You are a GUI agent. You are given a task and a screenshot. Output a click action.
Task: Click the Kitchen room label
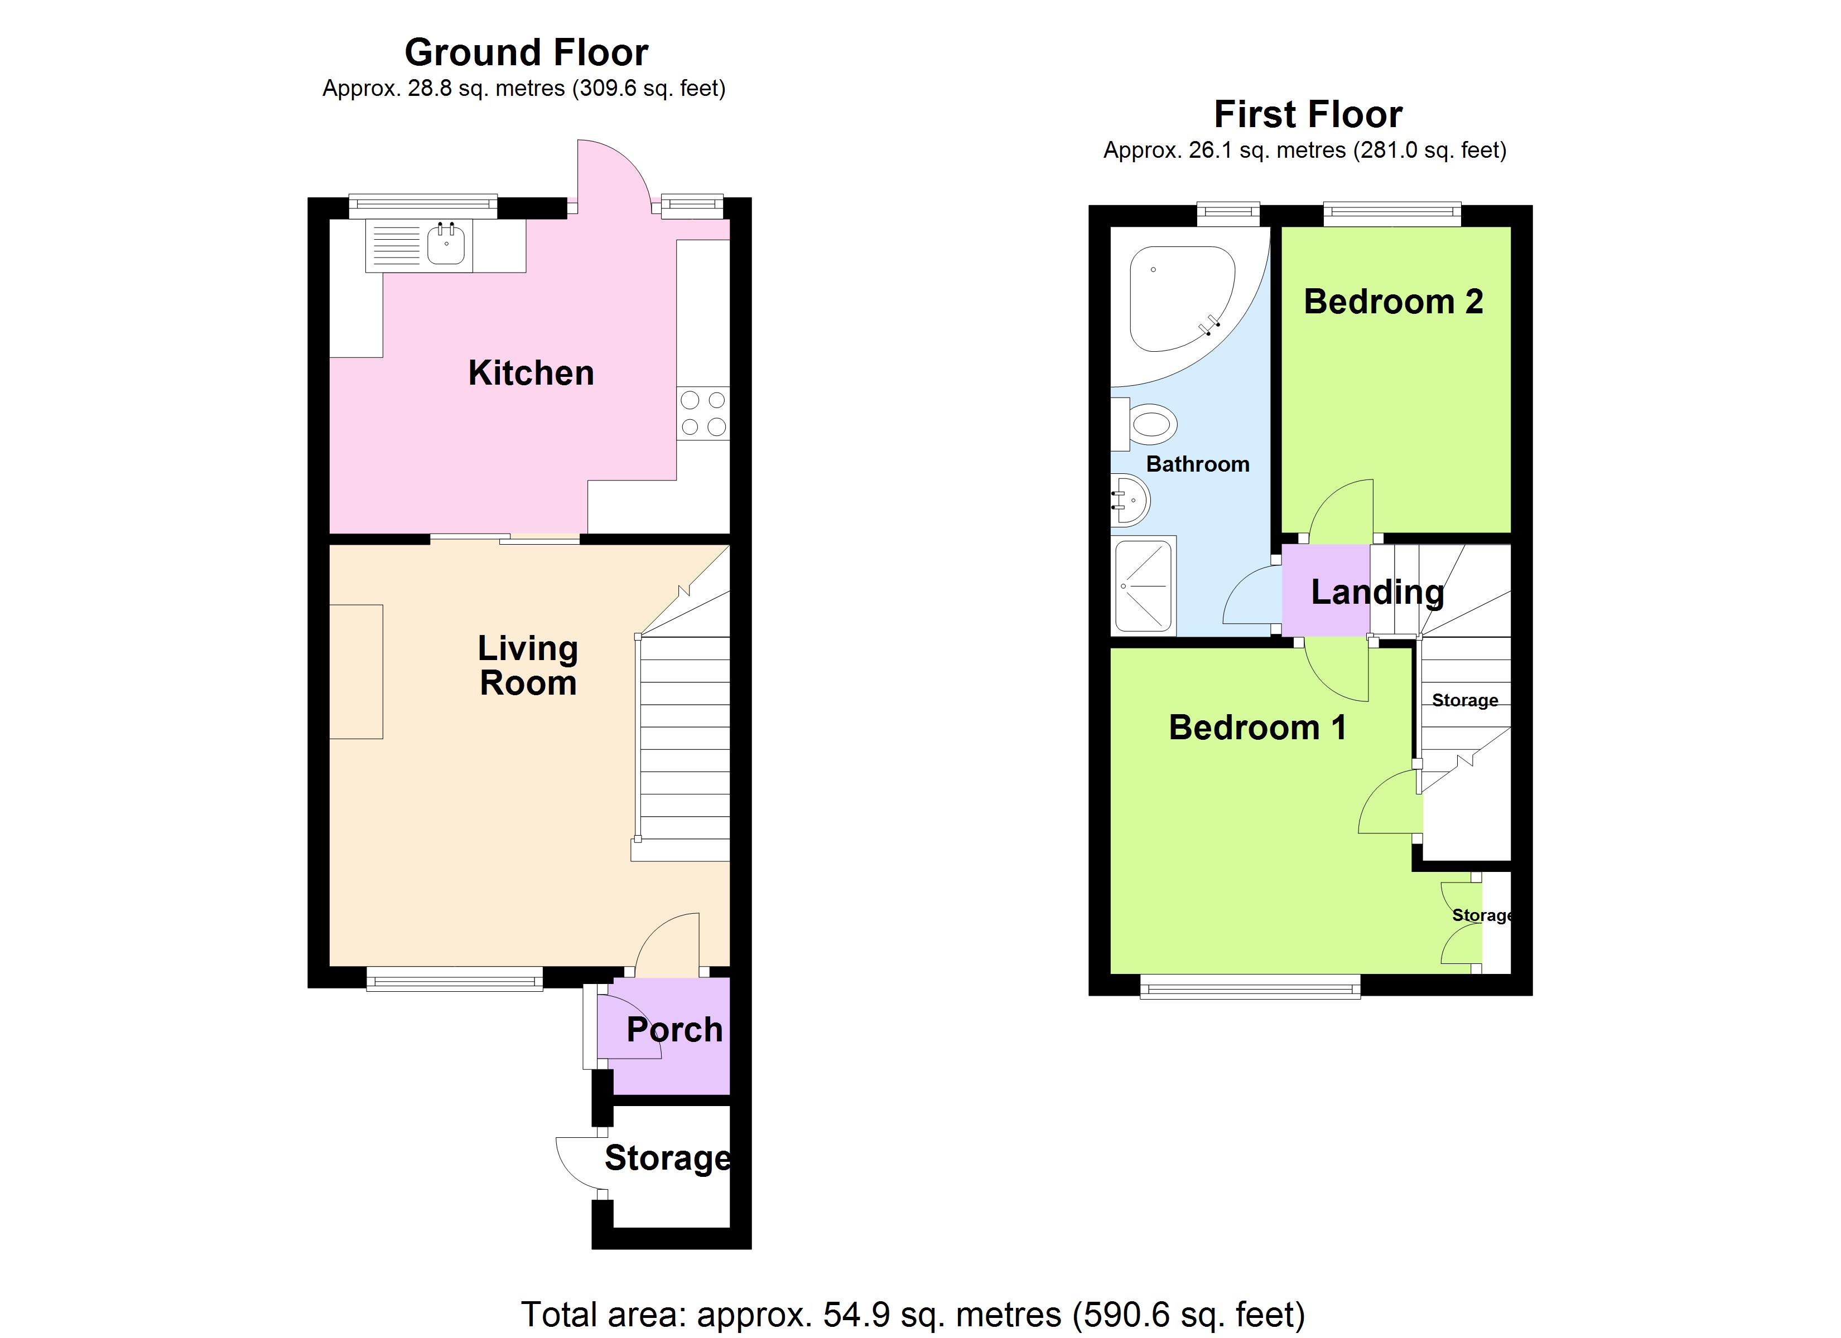click(531, 373)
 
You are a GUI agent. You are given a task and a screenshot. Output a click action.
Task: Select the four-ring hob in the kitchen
click(703, 414)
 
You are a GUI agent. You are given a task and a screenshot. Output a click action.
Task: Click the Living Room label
click(528, 665)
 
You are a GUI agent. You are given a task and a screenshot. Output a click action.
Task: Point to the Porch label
click(674, 1030)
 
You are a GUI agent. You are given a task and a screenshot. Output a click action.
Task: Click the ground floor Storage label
click(667, 1158)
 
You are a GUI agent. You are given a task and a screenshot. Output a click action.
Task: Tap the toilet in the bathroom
click(1152, 424)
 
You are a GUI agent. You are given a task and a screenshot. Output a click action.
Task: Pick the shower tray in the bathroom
click(1144, 585)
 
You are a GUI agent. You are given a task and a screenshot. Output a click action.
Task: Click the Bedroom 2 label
click(1393, 302)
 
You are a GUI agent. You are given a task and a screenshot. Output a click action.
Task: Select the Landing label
click(1377, 592)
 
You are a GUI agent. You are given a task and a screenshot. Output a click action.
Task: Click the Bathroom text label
click(1197, 464)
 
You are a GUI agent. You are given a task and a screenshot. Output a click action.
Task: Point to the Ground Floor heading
click(526, 53)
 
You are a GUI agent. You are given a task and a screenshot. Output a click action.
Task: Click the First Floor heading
click(1308, 114)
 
